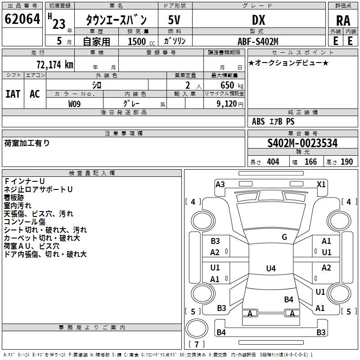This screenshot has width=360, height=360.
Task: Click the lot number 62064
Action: click(22, 19)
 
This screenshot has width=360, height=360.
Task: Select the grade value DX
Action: click(258, 20)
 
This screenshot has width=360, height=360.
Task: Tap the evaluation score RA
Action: click(343, 20)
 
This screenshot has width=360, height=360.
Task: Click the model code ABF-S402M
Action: click(258, 41)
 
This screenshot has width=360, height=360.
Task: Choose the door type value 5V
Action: click(175, 20)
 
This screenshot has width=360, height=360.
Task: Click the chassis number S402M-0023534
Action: click(302, 143)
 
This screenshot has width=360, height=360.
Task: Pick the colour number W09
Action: click(75, 103)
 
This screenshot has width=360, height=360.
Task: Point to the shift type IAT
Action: click(13, 94)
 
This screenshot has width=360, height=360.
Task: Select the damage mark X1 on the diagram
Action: click(321, 184)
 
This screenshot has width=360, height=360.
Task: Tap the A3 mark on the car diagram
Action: click(220, 184)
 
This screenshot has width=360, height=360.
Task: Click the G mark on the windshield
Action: click(284, 237)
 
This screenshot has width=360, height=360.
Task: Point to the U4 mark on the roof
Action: click(270, 269)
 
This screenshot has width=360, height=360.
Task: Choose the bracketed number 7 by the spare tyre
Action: click(196, 345)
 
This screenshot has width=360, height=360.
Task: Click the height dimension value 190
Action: click(347, 162)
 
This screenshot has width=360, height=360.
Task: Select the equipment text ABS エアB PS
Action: click(273, 121)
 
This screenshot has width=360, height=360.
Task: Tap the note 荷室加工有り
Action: click(27, 143)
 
